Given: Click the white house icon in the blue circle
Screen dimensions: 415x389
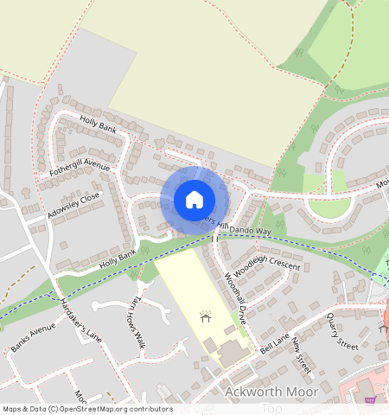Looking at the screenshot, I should click(x=194, y=200).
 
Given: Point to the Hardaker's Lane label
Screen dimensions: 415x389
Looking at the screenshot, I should click(x=80, y=320).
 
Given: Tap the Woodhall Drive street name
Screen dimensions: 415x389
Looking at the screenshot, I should click(x=236, y=298).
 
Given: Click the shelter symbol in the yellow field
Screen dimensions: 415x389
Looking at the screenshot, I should click(x=206, y=316).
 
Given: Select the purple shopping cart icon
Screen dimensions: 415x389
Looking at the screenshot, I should click(x=371, y=399).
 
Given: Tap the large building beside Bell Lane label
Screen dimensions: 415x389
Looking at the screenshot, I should click(x=233, y=354).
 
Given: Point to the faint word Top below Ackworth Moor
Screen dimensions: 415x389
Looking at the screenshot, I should click(x=271, y=408).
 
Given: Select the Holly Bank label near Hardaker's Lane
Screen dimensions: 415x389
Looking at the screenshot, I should click(x=118, y=257).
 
